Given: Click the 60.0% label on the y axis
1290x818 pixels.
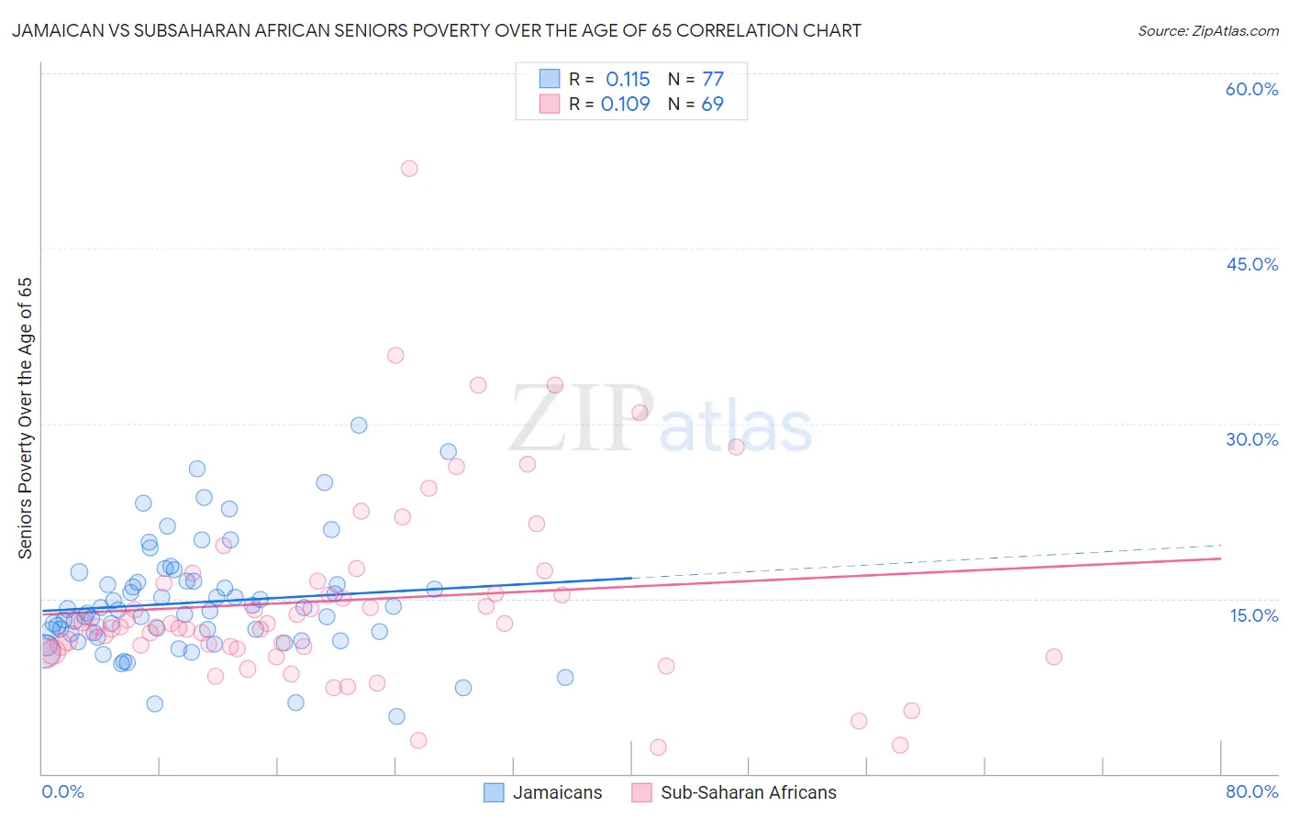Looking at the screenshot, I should (1251, 89).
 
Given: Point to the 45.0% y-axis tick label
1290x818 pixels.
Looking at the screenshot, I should (1251, 264).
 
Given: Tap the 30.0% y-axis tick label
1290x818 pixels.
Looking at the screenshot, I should (1251, 439).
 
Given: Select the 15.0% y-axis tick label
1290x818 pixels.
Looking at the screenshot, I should (1253, 615).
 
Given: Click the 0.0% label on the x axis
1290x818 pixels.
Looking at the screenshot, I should (62, 791).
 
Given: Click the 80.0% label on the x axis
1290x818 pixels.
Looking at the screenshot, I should (1251, 791).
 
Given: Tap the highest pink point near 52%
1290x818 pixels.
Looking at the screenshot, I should (409, 169).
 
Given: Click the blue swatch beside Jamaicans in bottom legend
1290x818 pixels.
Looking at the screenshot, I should (494, 792).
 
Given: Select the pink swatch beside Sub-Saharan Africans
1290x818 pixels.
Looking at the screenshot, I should (641, 792).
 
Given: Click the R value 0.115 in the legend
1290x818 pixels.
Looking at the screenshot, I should (628, 80).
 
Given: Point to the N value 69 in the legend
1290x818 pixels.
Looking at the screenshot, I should (712, 105).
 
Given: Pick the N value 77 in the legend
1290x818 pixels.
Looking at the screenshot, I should (713, 80).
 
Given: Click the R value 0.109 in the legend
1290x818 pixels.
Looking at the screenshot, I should (626, 105).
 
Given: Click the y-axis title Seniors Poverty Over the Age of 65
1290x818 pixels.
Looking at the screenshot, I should (26, 418).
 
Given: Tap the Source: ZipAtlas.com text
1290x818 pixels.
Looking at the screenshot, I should (1207, 31).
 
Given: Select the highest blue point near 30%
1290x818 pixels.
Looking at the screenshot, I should (359, 426).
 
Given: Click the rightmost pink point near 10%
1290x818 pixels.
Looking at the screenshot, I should (1053, 657).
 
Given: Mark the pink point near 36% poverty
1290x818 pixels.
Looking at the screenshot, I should (395, 356).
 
